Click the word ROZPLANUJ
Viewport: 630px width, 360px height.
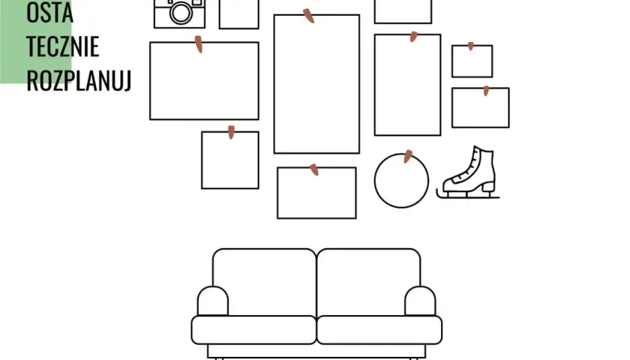tap(79, 80)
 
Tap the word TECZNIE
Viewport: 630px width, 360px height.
tap(63, 46)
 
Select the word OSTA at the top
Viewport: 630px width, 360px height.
tap(49, 12)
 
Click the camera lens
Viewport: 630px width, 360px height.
tap(181, 13)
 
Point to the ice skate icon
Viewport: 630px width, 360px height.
tap(468, 172)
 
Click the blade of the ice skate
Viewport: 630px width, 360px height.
tap(468, 196)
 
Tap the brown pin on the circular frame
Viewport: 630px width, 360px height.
tap(407, 156)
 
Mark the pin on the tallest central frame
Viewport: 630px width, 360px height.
tap(308, 16)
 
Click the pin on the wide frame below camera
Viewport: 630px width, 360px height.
tap(199, 43)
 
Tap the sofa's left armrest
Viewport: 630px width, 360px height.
tap(213, 301)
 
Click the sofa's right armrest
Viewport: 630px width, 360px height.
tap(420, 301)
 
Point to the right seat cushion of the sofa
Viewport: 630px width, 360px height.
tap(379, 330)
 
